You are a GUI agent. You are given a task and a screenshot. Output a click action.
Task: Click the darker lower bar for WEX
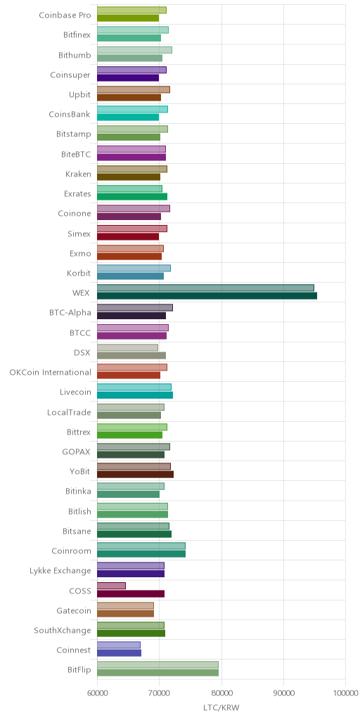pos(207,296)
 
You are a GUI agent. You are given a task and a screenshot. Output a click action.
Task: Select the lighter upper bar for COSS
pos(111,586)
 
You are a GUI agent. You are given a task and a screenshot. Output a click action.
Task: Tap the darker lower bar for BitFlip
pos(158,673)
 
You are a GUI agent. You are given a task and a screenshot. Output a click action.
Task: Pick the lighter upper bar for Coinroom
pos(141,546)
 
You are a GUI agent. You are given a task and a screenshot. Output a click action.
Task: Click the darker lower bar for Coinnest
pos(120,653)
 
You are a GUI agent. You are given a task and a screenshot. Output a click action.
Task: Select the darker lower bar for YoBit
pos(136,475)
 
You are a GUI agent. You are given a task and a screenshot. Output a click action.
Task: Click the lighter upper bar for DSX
pos(128,347)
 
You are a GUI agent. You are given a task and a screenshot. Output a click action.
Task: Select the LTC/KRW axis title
pos(221,707)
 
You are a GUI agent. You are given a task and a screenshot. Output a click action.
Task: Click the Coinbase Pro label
pos(65,15)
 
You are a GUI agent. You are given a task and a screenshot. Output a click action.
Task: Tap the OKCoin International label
pos(51,373)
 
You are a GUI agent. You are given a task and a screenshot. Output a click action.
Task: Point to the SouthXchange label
pos(63,631)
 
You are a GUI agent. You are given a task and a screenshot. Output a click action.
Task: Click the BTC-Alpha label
pos(70,313)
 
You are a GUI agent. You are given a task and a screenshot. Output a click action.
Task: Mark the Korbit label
pos(79,274)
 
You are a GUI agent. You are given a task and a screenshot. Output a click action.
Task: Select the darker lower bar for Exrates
pos(132,197)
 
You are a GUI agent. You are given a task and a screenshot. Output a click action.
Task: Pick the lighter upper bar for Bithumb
pos(134,50)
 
